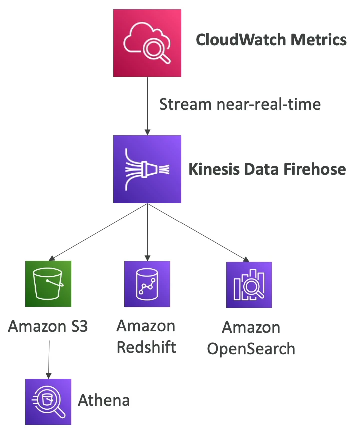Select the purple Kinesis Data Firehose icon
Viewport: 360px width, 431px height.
coord(147,169)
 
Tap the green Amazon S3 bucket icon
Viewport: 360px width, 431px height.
coord(48,283)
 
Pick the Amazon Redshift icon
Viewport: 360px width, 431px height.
coord(147,283)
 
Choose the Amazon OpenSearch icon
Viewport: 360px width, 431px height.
coord(249,284)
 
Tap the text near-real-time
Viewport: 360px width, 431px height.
coord(269,105)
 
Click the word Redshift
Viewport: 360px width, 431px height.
coord(146,347)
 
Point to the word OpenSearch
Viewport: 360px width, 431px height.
coord(251,349)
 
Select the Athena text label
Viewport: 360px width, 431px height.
coord(104,400)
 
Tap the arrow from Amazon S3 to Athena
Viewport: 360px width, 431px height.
coord(49,359)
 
